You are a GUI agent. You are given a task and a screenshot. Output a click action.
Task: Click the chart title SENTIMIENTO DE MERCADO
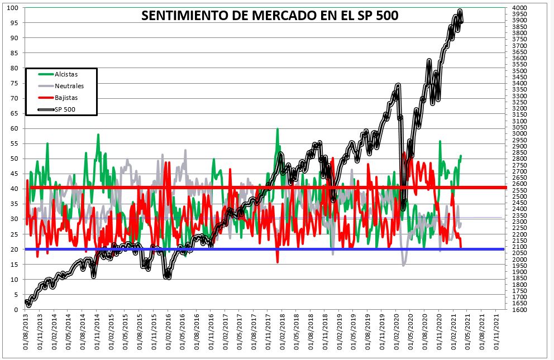click(x=270, y=15)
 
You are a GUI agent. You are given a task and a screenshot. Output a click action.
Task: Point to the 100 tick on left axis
click(x=13, y=8)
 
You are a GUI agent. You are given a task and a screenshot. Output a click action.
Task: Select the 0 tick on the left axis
click(x=16, y=309)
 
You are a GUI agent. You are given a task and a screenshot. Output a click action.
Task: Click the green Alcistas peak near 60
click(x=278, y=129)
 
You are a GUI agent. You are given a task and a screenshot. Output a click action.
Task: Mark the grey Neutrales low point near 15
click(x=404, y=265)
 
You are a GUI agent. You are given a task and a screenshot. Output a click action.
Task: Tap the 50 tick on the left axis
click(x=15, y=159)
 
